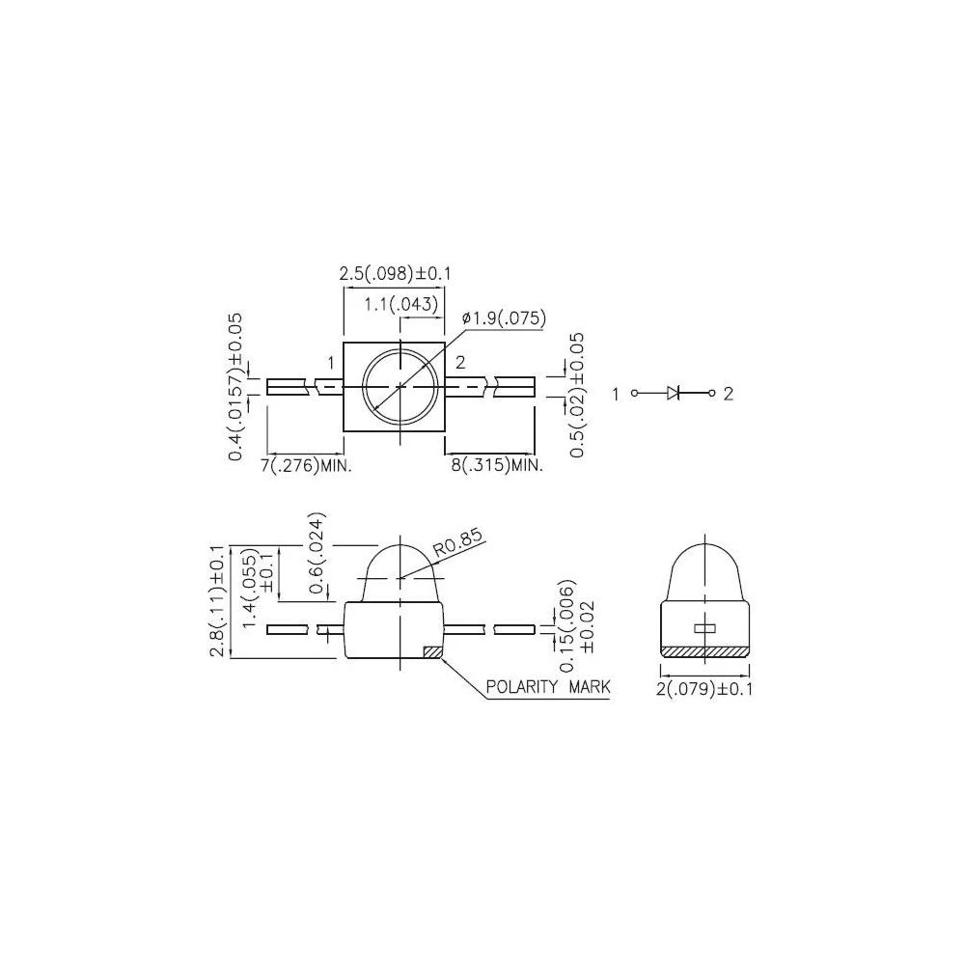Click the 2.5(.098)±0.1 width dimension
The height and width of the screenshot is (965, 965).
tap(394, 275)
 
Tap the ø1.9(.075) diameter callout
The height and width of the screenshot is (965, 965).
tap(505, 318)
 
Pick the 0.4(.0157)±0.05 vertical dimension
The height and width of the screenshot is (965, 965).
tap(235, 386)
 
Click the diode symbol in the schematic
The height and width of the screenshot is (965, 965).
tap(675, 393)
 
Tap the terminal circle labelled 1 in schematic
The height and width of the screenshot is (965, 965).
tap(634, 393)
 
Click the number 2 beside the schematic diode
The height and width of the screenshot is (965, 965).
tap(729, 393)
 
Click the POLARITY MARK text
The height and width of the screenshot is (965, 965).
tap(548, 687)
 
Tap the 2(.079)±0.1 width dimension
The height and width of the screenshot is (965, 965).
tap(704, 689)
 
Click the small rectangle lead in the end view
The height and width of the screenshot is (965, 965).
tap(704, 628)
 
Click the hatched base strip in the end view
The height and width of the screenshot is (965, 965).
tap(704, 651)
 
